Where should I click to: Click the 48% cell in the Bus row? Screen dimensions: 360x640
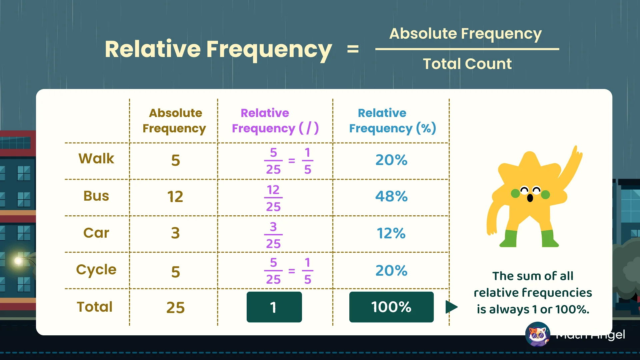click(391, 196)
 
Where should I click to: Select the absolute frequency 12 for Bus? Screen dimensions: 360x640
click(175, 197)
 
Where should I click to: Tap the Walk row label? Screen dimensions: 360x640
click(96, 159)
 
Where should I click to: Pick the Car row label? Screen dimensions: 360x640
click(96, 233)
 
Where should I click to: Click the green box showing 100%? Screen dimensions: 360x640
click(391, 307)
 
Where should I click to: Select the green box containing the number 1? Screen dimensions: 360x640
click(274, 307)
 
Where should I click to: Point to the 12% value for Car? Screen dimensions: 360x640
click(391, 233)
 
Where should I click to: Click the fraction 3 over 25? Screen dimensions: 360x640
click(273, 235)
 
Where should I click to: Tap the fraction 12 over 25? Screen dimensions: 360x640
click(273, 198)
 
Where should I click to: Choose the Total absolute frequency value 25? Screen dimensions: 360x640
click(175, 307)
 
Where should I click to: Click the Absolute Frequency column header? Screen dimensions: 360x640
click(174, 121)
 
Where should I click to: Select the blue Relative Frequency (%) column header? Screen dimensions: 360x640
click(392, 121)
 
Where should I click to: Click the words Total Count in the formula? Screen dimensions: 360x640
click(467, 64)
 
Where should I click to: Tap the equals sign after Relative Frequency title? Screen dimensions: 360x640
click(353, 50)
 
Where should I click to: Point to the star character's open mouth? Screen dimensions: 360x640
click(530, 198)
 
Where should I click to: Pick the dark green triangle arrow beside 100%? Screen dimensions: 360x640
click(451, 307)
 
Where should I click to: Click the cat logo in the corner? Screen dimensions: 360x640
click(537, 334)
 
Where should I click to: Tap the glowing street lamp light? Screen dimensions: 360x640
click(18, 260)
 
